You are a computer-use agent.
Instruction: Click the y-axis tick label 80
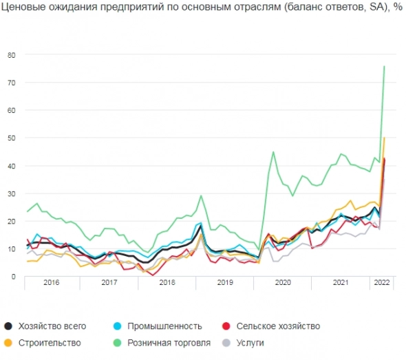pos(11,55)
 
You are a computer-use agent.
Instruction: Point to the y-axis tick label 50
pos(11,138)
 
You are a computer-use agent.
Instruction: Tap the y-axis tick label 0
pos(13,277)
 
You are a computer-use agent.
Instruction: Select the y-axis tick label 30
pos(11,193)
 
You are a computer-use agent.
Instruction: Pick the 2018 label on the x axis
pos(167,283)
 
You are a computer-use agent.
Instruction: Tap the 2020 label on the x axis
pos(283,283)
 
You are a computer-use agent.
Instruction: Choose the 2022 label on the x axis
pos(381,283)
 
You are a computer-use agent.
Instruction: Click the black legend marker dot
pos(8,326)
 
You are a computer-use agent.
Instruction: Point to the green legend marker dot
pos(120,342)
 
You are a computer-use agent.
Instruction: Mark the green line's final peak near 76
pos(384,66)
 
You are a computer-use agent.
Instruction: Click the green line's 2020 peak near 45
pos(273,151)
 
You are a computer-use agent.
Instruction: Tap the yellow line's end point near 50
pos(384,138)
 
